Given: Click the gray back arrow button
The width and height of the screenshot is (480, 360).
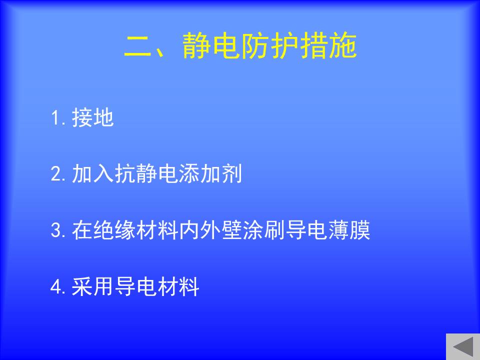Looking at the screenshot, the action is tap(463, 347).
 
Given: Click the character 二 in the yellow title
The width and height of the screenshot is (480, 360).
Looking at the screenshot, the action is tap(138, 46).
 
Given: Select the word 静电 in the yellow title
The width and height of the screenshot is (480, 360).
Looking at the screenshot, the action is tap(211, 45).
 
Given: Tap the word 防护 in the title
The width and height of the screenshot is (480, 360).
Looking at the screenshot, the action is tap(269, 45).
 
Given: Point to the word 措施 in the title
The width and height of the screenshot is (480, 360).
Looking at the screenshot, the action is tap(328, 45).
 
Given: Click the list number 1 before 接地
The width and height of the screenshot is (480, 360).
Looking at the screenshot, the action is tap(56, 118).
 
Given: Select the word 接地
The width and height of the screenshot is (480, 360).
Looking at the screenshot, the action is tap(93, 117).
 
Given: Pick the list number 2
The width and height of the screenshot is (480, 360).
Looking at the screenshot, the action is tap(56, 174).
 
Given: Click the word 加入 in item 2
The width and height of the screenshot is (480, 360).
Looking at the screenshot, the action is tap(93, 174).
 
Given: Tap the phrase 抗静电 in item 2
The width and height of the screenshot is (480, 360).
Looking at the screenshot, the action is tap(146, 174).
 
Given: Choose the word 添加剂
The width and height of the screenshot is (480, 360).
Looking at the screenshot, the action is tap(210, 174).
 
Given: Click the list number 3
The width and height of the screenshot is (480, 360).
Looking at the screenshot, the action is tap(56, 230).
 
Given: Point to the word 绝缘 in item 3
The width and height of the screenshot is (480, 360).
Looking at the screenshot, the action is tap(114, 230).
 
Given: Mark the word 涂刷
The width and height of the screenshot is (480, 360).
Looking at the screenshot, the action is tap(263, 230).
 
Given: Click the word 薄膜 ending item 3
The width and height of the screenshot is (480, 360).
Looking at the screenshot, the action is tap(349, 230).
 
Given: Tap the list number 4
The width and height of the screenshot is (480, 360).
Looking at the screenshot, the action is tap(56, 287).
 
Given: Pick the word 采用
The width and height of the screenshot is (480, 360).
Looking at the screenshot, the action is tap(93, 286).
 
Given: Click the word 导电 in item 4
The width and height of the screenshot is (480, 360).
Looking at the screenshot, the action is tap(135, 286).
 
